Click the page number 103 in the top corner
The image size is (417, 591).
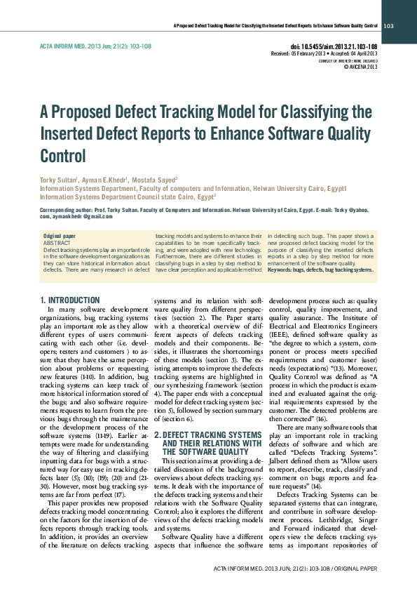click(x=389, y=26)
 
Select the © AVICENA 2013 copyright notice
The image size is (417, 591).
click(x=360, y=67)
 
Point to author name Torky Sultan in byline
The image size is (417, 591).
click(x=57, y=180)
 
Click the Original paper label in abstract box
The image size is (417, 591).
click(x=60, y=237)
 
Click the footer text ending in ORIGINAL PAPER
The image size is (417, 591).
click(x=299, y=568)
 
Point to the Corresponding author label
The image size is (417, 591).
click(x=69, y=210)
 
